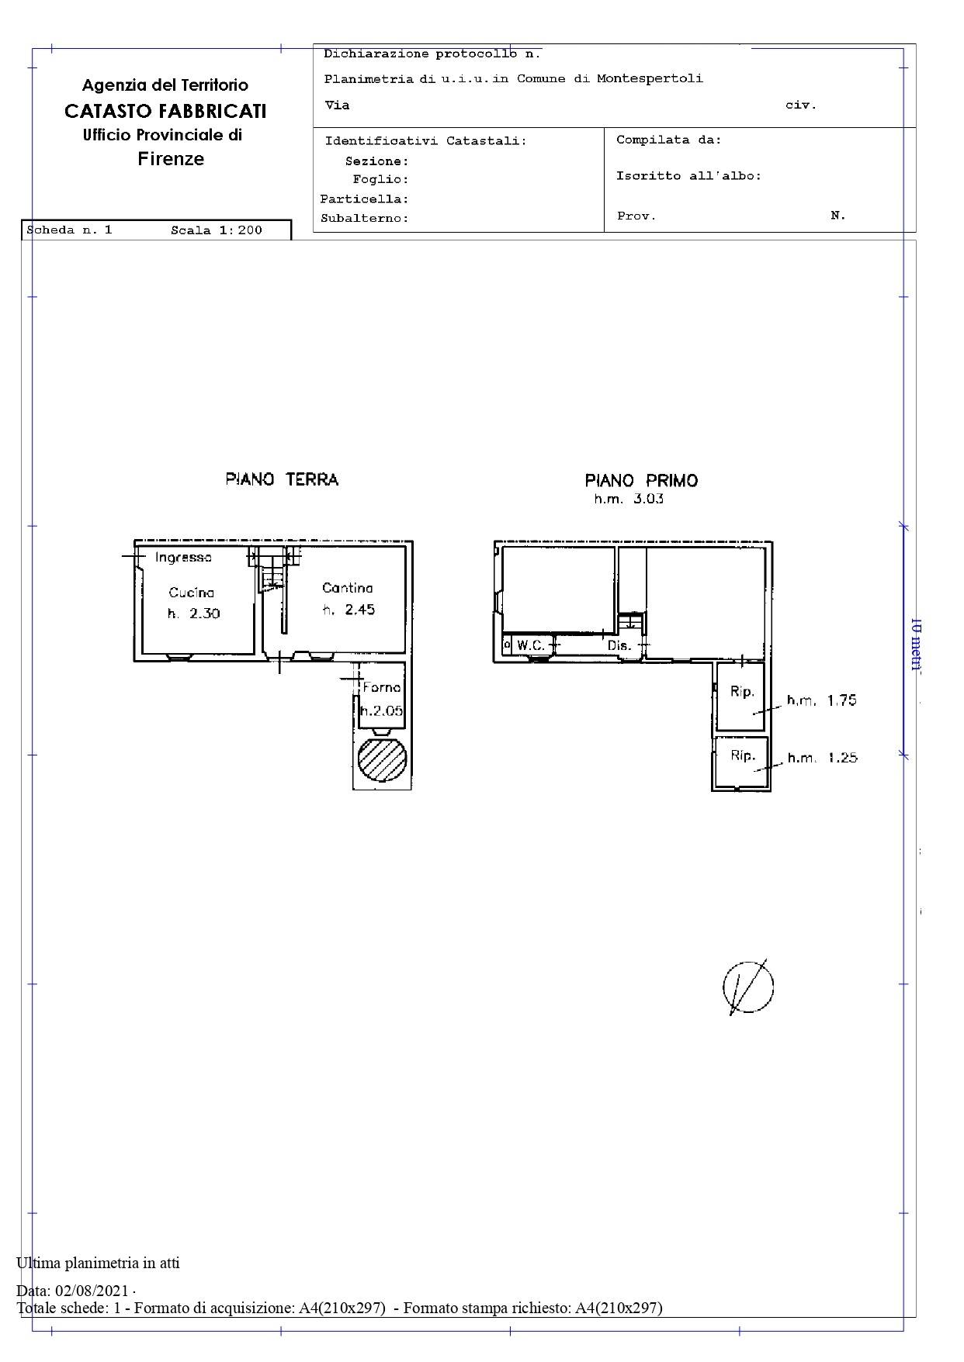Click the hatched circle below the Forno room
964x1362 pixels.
(x=382, y=759)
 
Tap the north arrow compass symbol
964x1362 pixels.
(x=748, y=987)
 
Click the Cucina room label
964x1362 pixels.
(x=192, y=593)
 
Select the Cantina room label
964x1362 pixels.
(x=348, y=588)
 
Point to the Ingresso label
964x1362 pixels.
(x=183, y=557)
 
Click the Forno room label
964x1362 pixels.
(x=382, y=687)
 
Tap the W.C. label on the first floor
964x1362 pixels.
(x=531, y=645)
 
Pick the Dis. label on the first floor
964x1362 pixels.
(x=619, y=645)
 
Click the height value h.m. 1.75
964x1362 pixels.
(x=822, y=700)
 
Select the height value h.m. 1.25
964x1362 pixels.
(x=823, y=757)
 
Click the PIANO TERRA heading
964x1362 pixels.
(x=282, y=479)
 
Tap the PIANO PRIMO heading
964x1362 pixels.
(x=641, y=481)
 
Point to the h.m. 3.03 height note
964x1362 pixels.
(x=629, y=499)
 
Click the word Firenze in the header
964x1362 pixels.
(x=171, y=159)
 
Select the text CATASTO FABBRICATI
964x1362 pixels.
(x=165, y=111)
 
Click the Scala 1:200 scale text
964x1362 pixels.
(x=217, y=230)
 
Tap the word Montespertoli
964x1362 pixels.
(x=650, y=78)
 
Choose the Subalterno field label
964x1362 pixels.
(x=365, y=219)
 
